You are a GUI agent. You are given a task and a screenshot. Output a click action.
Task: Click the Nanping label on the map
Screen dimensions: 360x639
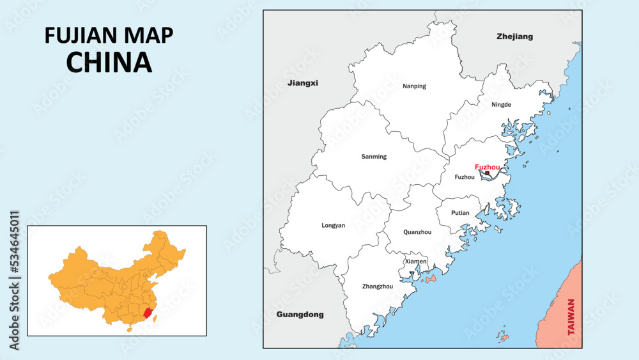click(414, 86)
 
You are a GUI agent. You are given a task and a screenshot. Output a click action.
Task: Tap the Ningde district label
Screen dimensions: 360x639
click(502, 104)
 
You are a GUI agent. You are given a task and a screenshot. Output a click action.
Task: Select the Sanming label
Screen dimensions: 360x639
click(374, 157)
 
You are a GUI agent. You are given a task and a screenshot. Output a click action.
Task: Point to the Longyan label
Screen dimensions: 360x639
click(333, 225)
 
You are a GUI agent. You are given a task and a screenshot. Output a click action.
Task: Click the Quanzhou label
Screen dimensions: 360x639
click(417, 232)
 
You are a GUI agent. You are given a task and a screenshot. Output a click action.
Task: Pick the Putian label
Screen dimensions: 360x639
click(460, 213)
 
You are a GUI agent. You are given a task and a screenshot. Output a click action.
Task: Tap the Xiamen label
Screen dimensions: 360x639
click(415, 262)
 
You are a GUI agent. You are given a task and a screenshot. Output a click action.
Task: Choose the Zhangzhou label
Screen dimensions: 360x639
click(378, 286)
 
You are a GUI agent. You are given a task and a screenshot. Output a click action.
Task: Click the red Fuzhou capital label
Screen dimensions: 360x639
click(488, 167)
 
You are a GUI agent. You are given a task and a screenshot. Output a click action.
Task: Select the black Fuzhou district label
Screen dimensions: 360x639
click(464, 177)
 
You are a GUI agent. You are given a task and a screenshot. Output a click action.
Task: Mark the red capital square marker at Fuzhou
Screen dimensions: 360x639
click(487, 173)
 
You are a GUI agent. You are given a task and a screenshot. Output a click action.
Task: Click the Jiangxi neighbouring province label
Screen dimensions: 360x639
click(302, 83)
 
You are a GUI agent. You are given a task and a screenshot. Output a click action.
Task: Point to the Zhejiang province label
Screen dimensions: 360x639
click(514, 36)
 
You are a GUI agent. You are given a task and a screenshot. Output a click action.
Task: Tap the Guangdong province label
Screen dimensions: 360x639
click(300, 315)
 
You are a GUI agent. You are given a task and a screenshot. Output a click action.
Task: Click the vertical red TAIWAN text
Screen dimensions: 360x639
click(571, 317)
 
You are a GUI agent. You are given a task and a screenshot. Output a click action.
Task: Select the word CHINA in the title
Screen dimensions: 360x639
click(109, 62)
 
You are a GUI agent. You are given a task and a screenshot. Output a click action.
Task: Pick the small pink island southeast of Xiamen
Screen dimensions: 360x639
click(429, 279)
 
